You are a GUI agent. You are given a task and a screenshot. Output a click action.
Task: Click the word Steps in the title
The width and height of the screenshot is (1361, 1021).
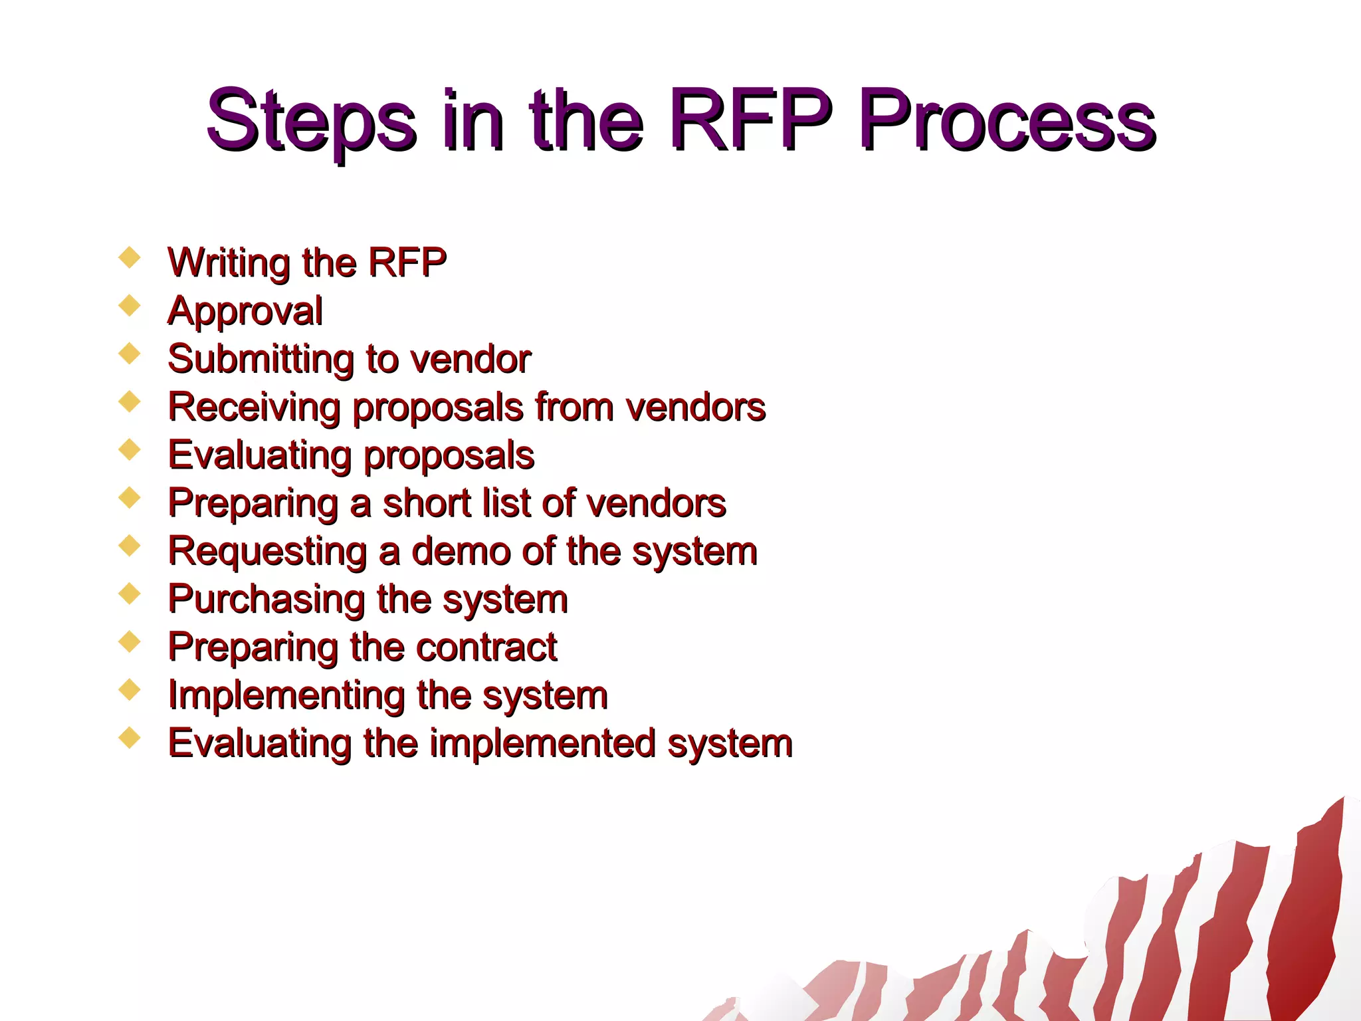(x=311, y=121)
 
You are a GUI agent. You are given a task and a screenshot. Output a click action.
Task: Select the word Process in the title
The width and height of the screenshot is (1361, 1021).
(x=1006, y=121)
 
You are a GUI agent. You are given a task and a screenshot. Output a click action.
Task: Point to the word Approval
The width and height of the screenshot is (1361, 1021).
(x=245, y=311)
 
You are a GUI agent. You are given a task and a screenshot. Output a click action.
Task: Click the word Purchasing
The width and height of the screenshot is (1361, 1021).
(x=266, y=600)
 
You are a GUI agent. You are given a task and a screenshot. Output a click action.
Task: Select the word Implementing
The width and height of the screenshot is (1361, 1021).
(x=286, y=696)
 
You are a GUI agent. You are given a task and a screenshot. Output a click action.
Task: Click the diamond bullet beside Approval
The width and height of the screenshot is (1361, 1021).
(x=130, y=306)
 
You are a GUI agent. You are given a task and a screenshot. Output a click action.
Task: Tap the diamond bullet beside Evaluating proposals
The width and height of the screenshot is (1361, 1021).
(x=130, y=449)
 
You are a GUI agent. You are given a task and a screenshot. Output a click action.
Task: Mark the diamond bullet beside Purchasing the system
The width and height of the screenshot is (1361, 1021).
(x=130, y=593)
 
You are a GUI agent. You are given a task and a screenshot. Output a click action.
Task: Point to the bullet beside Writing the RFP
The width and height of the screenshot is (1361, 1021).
(x=130, y=257)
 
